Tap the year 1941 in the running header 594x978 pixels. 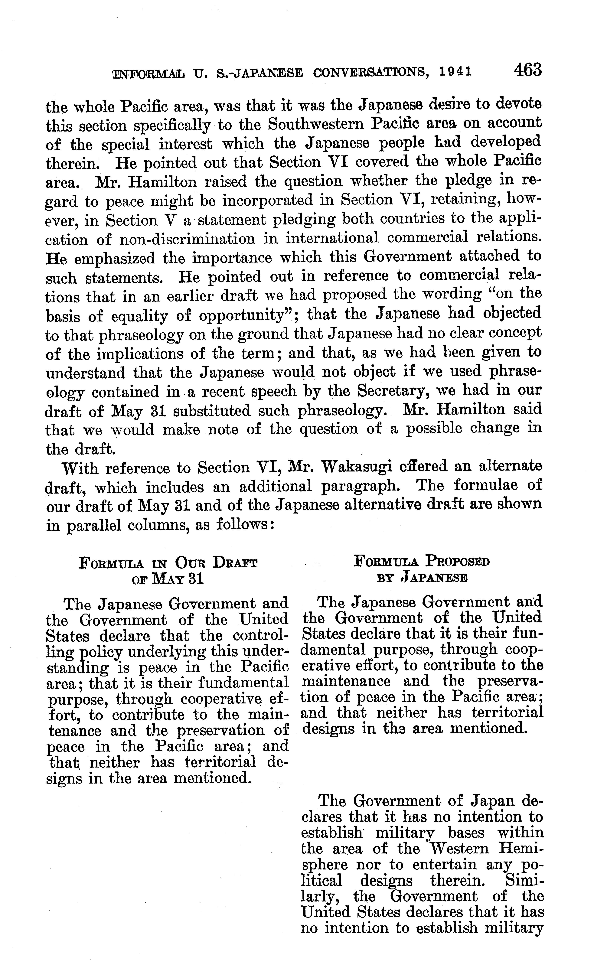[x=456, y=72]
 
